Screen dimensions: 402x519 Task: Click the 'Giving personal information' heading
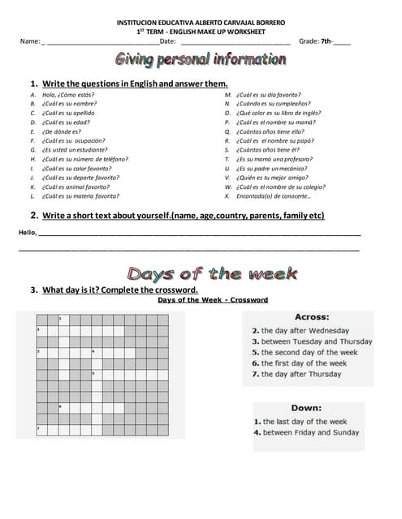pos(201,59)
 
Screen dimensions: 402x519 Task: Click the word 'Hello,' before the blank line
pos(28,233)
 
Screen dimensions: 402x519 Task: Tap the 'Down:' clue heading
pos(306,408)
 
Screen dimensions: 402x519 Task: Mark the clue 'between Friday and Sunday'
pos(309,432)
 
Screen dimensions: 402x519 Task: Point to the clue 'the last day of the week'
pos(304,422)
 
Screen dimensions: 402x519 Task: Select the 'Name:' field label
pos(30,41)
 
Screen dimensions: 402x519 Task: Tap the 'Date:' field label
pos(168,41)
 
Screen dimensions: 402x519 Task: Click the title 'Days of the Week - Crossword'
pos(213,300)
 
